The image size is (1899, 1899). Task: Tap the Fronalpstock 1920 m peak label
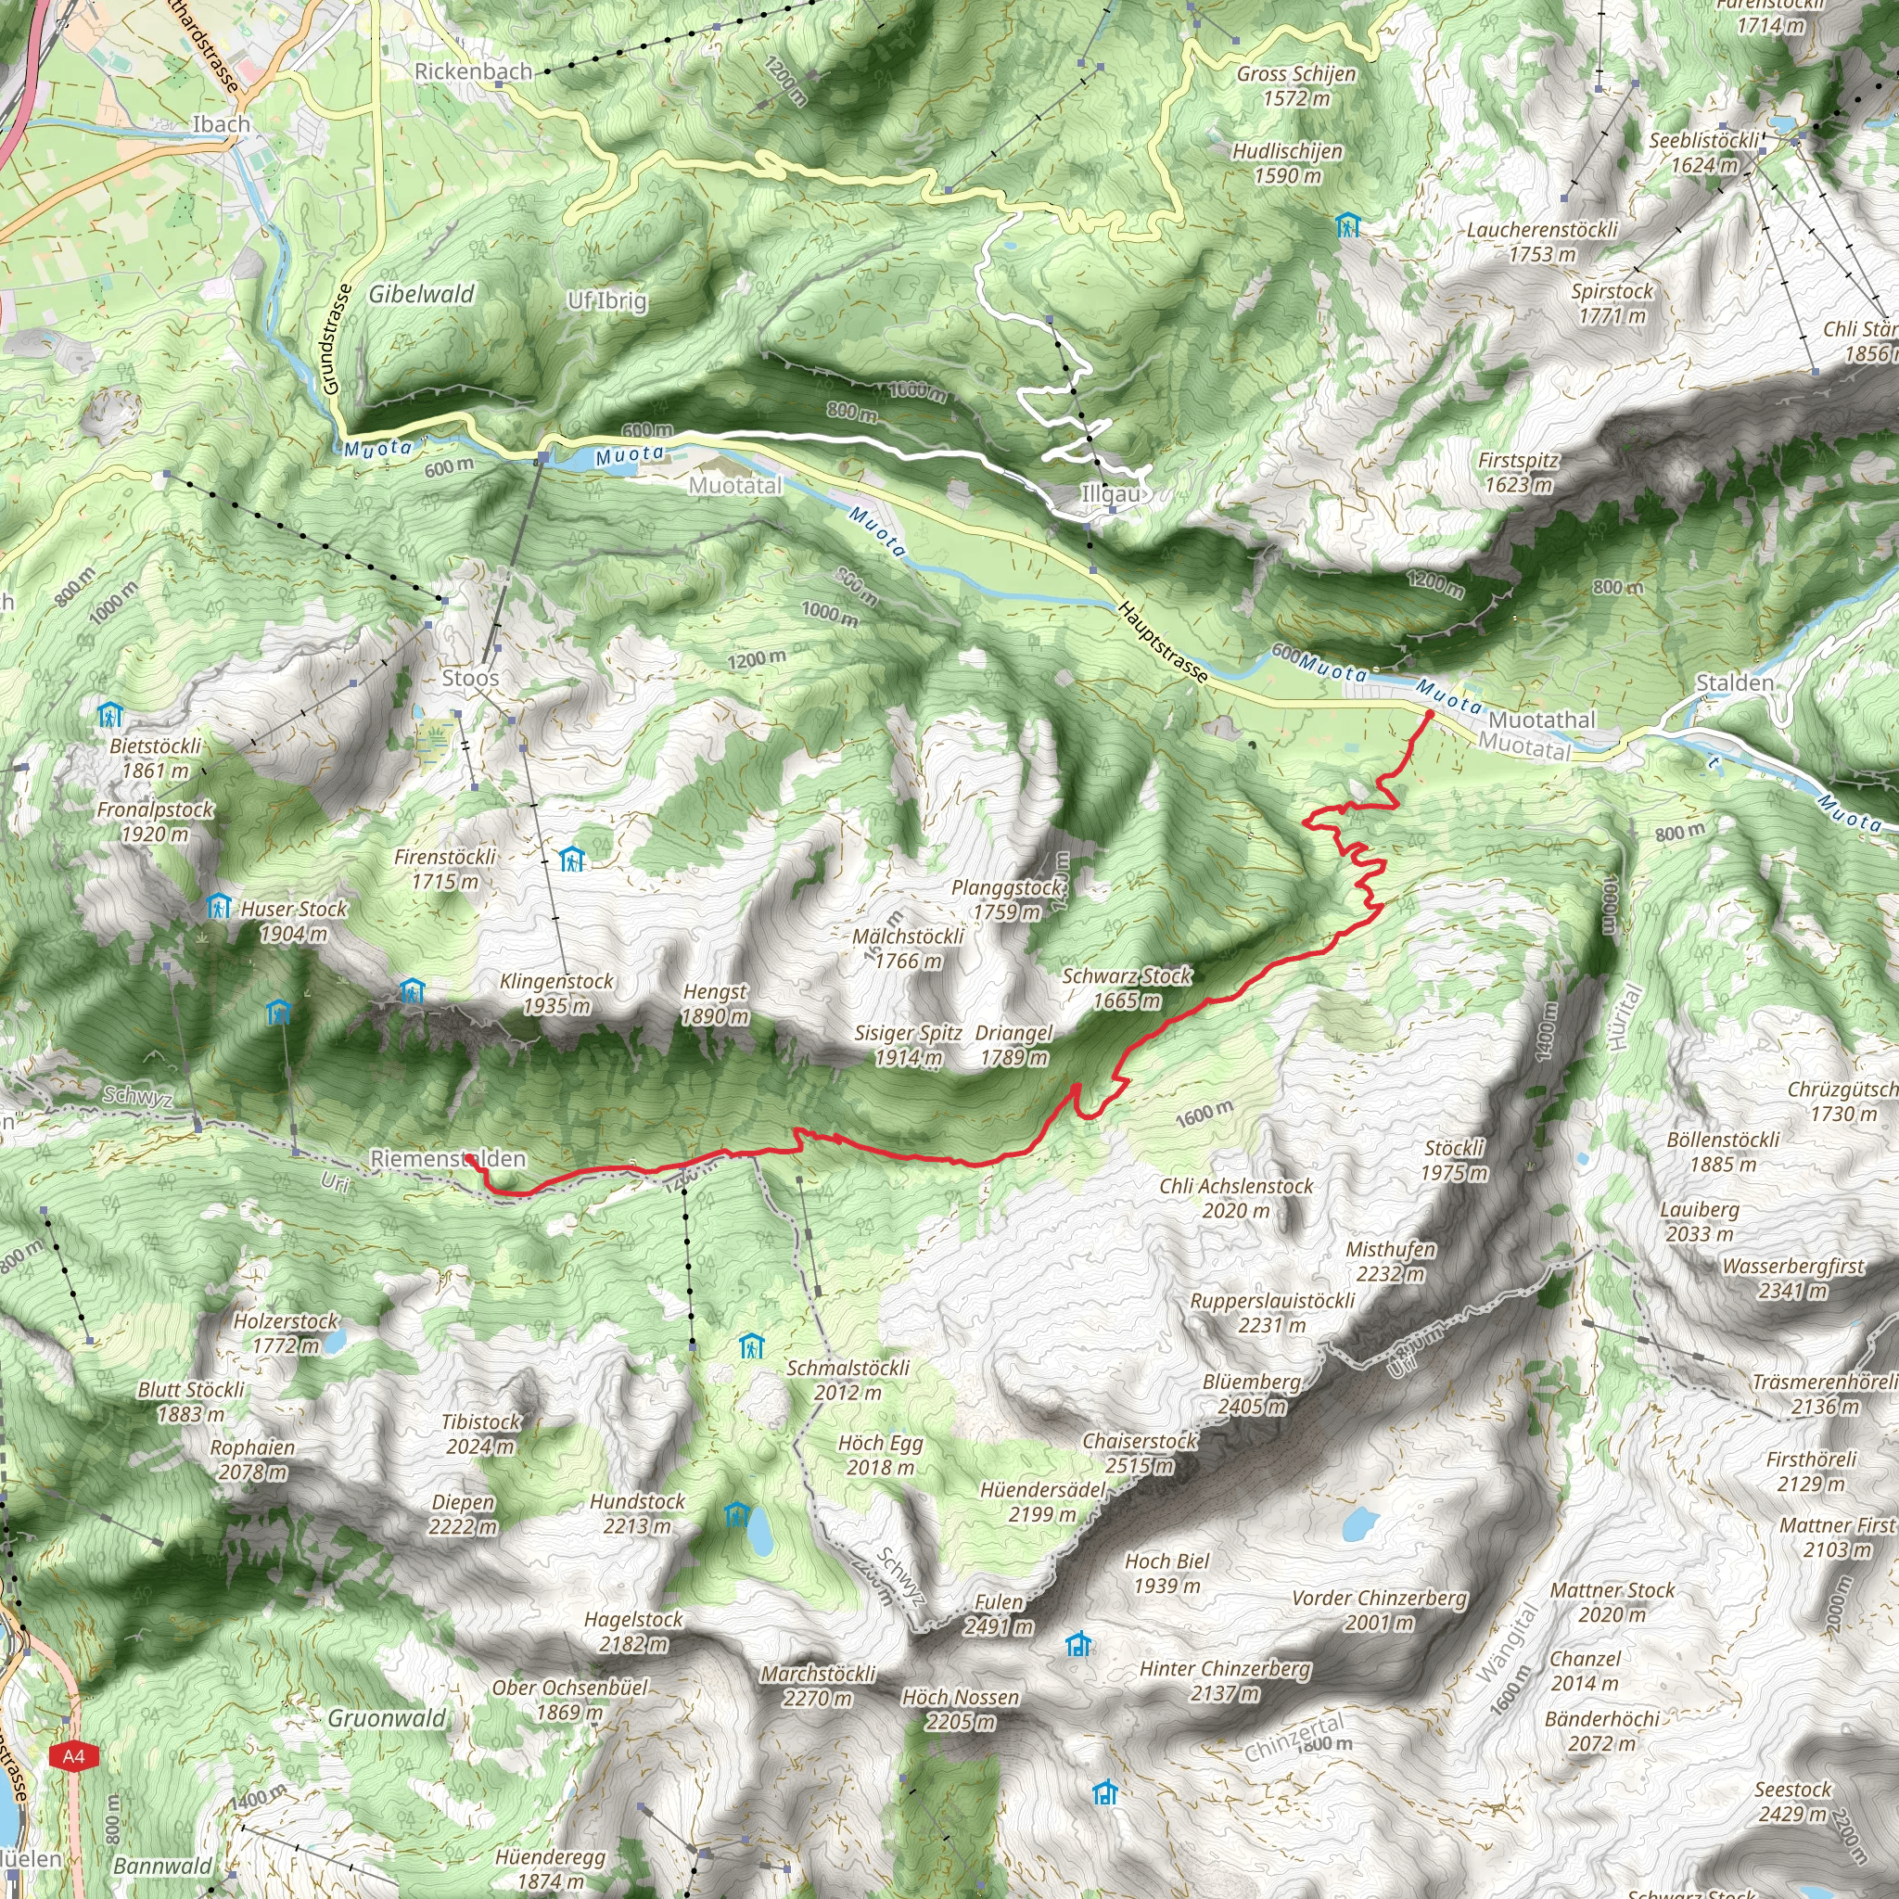(x=154, y=822)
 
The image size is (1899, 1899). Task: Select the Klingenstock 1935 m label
(x=556, y=993)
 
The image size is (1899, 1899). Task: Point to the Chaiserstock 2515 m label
(x=1141, y=1453)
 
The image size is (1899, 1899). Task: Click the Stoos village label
(x=470, y=677)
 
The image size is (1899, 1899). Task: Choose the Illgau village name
(x=1111, y=493)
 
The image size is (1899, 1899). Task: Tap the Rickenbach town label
(x=473, y=70)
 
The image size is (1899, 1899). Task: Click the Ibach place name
(x=222, y=124)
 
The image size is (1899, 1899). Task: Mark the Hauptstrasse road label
(x=1163, y=642)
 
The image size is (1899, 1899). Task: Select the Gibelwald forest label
(x=422, y=294)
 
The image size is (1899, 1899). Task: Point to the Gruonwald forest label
(x=387, y=1718)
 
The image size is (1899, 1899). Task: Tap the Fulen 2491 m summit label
(x=999, y=1614)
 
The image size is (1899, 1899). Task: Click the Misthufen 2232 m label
(x=1391, y=1261)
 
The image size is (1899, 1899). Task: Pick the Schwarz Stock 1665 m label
(x=1127, y=988)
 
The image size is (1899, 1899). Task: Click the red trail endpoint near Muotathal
(x=1429, y=714)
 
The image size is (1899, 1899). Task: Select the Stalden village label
(x=1736, y=682)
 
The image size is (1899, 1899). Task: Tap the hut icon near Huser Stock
(x=218, y=905)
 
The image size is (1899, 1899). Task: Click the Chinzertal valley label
(x=1294, y=1738)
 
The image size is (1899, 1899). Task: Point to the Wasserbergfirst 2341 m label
(x=1793, y=1278)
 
